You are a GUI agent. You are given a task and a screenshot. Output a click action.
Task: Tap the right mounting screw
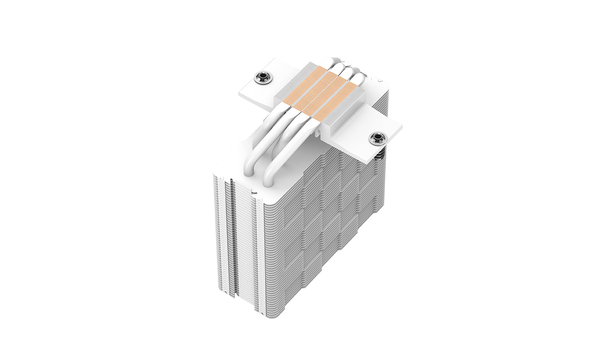[x=376, y=137]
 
